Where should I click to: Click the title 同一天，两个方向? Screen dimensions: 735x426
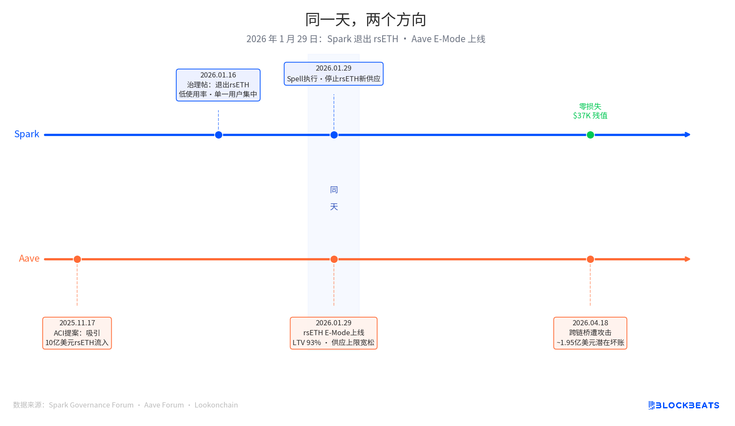coord(366,20)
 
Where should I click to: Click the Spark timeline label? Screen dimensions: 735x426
coord(27,134)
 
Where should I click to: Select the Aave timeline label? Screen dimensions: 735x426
coord(29,259)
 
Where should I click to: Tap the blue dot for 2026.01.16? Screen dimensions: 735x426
coord(218,135)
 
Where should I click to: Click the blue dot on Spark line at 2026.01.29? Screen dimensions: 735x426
coord(334,135)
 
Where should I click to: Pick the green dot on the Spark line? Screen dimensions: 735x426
coord(590,135)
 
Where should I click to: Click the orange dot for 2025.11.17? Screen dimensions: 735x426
coord(77,259)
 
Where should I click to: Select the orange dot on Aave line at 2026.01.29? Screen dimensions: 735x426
coord(334,259)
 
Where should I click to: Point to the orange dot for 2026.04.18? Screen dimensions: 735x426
coord(590,259)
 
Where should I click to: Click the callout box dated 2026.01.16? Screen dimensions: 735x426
coord(218,85)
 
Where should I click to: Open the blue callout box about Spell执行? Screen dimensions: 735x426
coord(333,74)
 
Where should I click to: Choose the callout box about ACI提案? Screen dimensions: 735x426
coord(77,333)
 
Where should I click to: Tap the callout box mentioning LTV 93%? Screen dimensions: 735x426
coord(333,333)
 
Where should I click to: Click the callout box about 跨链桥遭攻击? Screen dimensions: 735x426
coord(590,333)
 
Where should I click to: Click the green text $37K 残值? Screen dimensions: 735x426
coord(590,115)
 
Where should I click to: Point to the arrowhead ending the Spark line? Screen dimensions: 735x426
coord(688,135)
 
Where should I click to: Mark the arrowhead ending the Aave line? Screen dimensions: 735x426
coord(688,259)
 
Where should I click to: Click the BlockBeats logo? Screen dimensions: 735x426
coord(684,405)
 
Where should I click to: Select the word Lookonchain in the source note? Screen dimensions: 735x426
coord(216,405)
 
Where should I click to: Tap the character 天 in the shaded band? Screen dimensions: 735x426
coord(334,207)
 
